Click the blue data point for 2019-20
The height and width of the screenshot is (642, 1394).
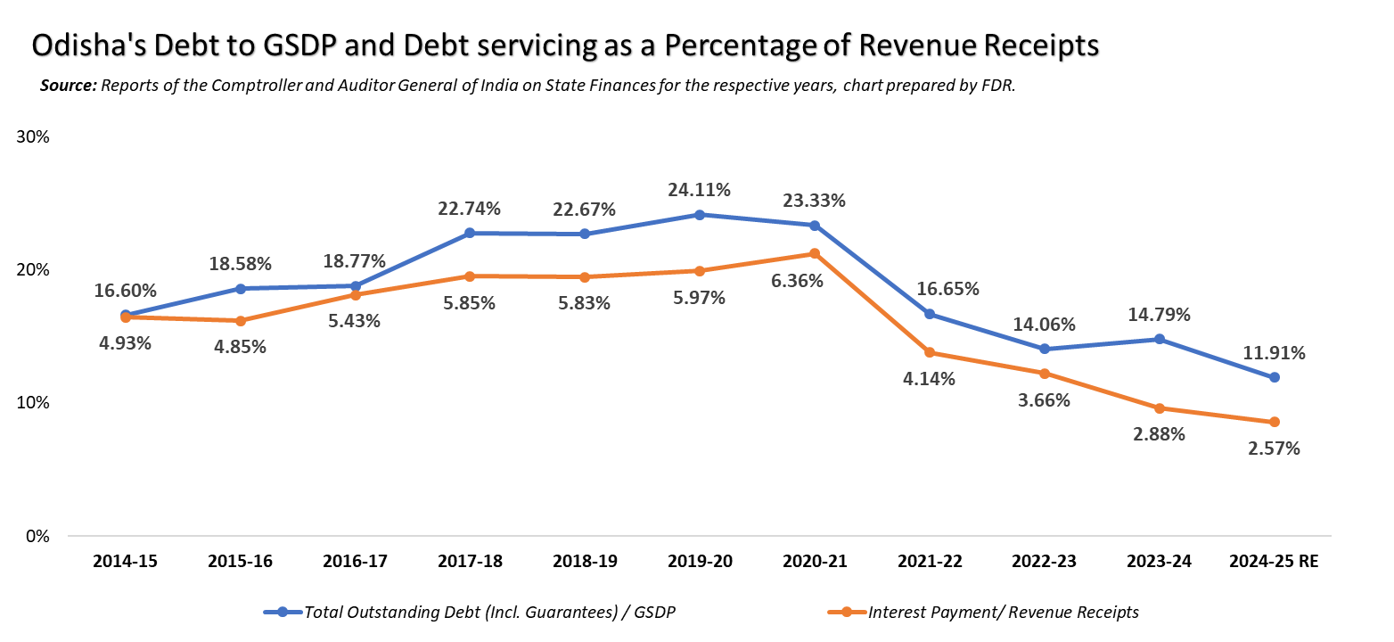click(x=700, y=215)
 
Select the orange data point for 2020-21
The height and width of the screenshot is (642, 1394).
click(x=815, y=254)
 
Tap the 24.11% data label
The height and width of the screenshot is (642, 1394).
click(x=700, y=190)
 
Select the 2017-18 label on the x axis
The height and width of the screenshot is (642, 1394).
click(x=470, y=562)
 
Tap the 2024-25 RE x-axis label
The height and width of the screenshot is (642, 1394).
click(x=1274, y=562)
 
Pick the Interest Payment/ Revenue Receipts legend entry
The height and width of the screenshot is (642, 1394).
click(x=1002, y=612)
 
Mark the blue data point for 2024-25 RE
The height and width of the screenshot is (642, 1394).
click(x=1275, y=377)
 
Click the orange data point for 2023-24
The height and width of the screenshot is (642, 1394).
click(x=1160, y=408)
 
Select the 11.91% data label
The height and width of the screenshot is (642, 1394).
click(x=1275, y=353)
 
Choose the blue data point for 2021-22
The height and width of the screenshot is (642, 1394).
click(x=930, y=314)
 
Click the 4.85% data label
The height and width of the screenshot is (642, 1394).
click(x=239, y=347)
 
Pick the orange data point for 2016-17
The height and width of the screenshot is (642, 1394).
click(x=355, y=295)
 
